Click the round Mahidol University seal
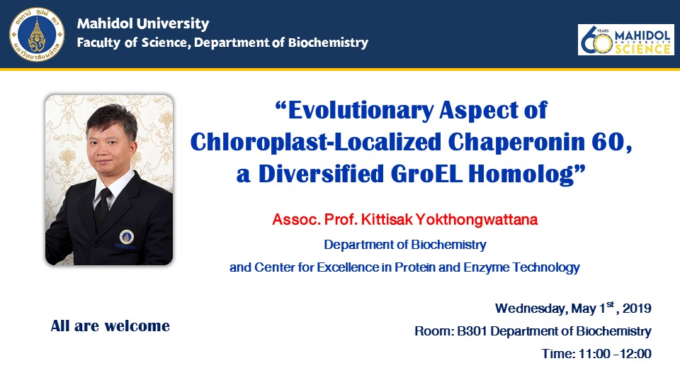point(37,34)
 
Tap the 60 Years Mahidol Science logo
point(625,40)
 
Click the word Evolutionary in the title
point(361,111)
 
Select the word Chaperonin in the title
point(516,142)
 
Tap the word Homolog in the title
point(521,174)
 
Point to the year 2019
point(637,309)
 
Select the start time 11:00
point(594,353)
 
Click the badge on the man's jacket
point(127,237)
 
